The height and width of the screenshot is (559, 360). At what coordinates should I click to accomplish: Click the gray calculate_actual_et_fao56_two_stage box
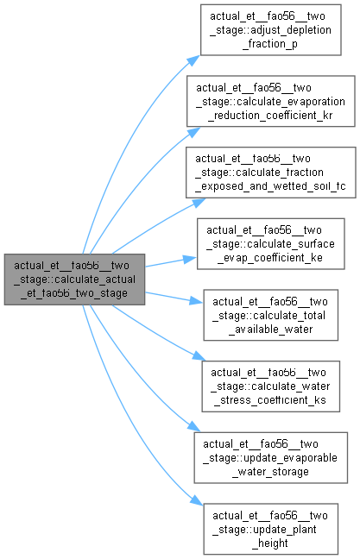tap(74, 279)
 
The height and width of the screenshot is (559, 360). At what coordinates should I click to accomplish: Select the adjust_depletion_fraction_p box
tap(271, 30)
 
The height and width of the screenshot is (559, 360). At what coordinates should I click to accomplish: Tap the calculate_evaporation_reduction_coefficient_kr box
tap(271, 101)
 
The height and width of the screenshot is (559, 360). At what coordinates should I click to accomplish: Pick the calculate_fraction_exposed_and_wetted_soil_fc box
tap(271, 173)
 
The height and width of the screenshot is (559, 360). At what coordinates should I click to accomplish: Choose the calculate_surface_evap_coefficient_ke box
tap(271, 244)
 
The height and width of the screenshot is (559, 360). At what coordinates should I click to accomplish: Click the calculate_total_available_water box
tap(271, 315)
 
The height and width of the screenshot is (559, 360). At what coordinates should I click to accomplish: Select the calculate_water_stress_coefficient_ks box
tap(271, 386)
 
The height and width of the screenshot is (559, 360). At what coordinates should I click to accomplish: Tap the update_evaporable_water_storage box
tap(271, 458)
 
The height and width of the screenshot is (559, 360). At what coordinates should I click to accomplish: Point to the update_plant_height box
tap(271, 529)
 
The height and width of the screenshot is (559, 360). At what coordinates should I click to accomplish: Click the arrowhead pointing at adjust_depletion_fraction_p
tap(193, 60)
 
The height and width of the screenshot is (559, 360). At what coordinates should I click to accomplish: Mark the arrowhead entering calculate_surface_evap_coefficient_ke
tap(190, 259)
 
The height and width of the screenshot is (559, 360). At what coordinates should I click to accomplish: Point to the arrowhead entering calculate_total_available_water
tap(196, 301)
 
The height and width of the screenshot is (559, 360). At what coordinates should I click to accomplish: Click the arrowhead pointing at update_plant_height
tap(197, 500)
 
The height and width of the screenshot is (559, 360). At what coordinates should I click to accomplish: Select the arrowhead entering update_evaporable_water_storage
tap(194, 426)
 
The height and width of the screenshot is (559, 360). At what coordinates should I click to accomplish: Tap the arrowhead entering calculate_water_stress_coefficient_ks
tap(199, 355)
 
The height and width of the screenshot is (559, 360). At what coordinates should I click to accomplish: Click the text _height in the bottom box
tap(270, 543)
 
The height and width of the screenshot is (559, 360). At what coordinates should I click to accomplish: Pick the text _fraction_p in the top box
tap(270, 44)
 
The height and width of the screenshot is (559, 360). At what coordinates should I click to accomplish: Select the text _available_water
tap(271, 330)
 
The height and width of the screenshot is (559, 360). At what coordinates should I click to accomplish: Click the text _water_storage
tap(271, 472)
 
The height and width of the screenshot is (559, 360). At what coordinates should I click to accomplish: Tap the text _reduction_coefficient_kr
tap(270, 116)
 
